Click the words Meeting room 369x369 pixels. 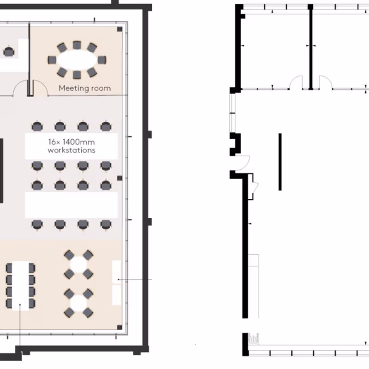85,88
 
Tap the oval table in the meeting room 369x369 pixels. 77,60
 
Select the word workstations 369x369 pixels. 71,150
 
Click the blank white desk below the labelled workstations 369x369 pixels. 71,205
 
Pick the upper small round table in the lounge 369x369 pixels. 78,264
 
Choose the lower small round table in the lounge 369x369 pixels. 78,304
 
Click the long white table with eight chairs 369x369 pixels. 20,286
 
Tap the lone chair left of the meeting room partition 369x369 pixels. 9,52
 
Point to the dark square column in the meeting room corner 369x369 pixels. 120,29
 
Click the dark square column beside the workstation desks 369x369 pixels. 120,178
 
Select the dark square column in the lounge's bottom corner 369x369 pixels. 120,327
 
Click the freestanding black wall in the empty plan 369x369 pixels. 280,162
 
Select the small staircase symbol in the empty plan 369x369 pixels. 254,339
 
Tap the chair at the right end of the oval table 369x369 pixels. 102,60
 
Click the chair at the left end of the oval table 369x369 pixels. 52,60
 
